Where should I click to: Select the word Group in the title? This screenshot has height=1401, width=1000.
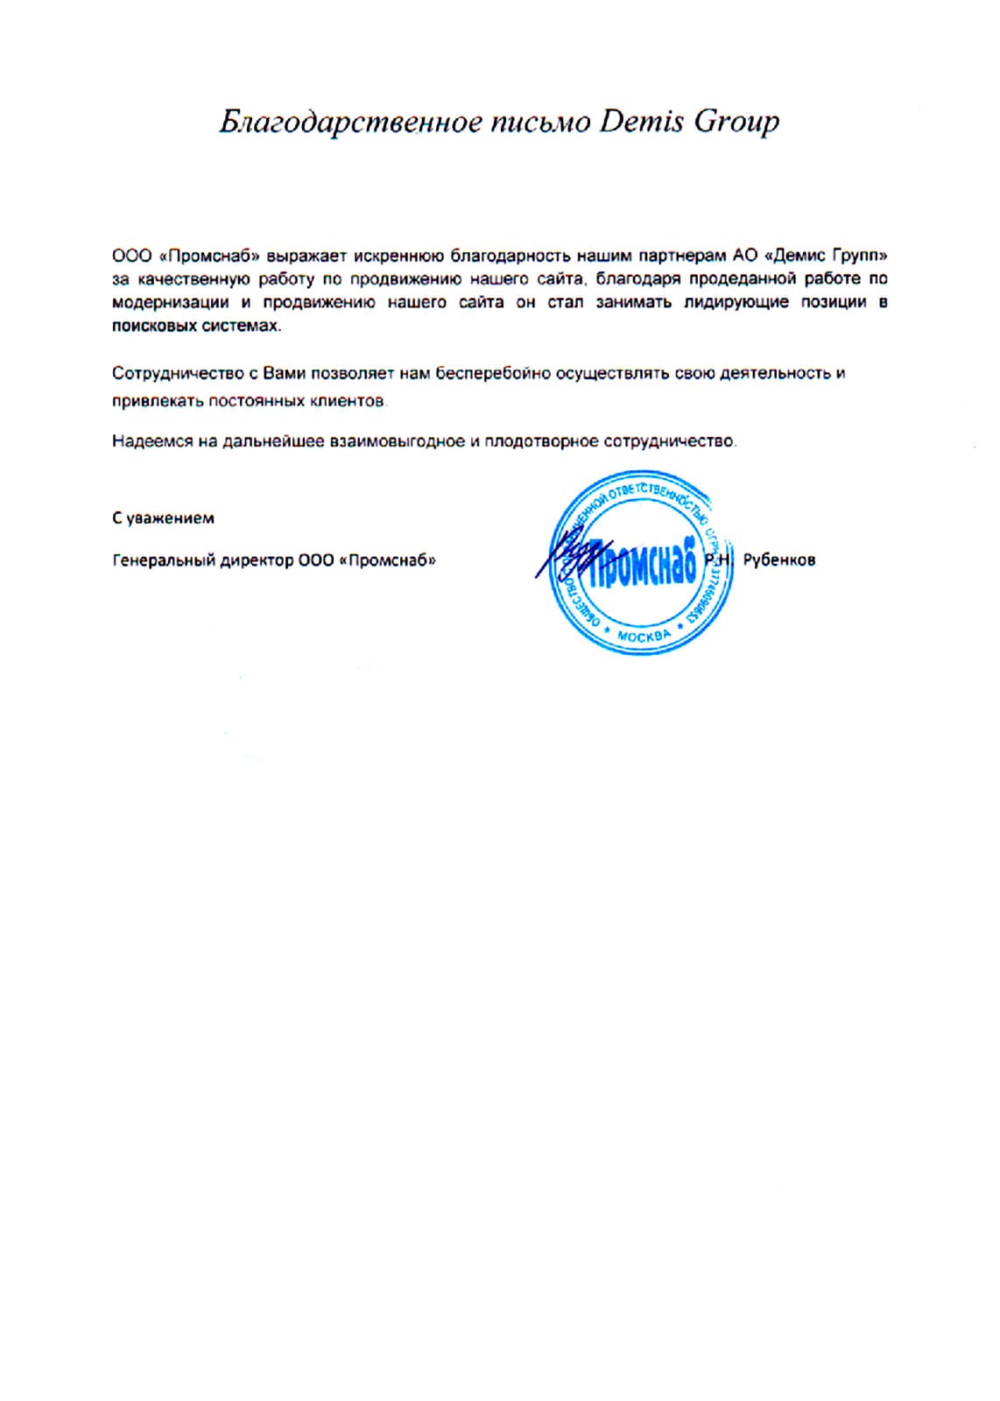coord(736,123)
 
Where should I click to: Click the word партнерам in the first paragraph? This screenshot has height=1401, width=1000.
coord(678,257)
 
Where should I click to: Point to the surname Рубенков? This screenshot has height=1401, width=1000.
coord(778,560)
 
